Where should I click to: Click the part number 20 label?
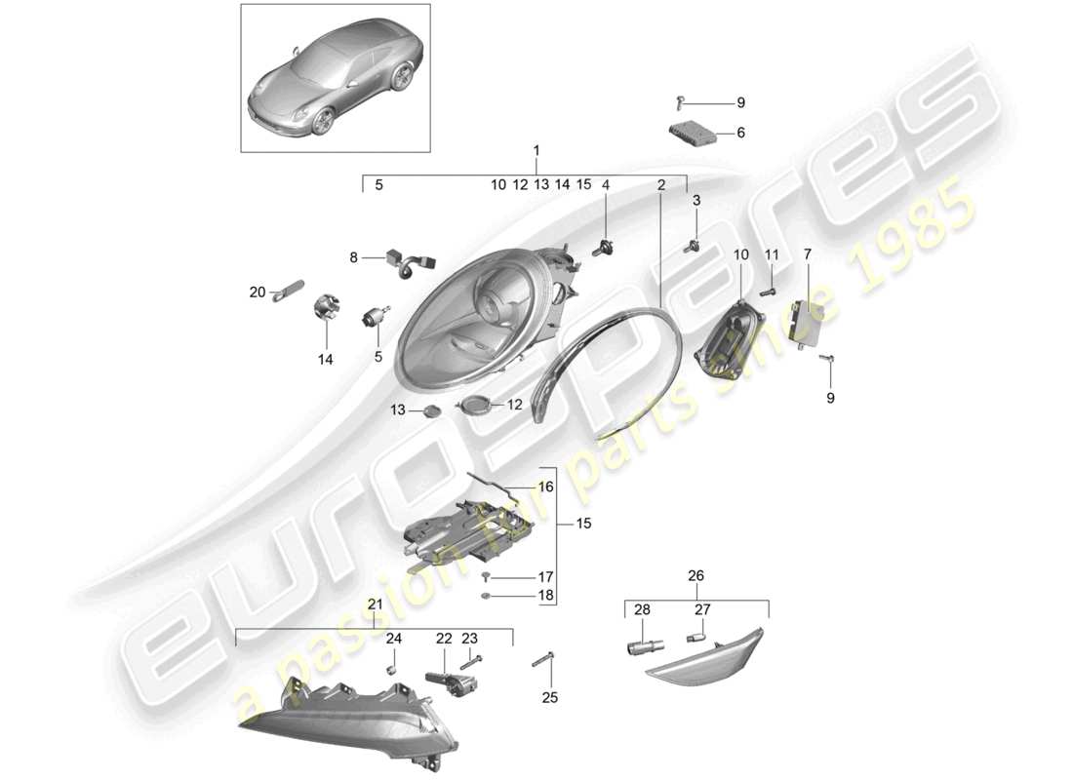[x=258, y=292]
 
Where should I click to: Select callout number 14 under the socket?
[x=325, y=360]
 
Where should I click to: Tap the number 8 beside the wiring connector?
[x=354, y=257]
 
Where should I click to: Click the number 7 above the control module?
[x=807, y=254]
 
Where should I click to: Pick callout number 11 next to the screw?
[x=771, y=254]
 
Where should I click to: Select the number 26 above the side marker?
[x=695, y=575]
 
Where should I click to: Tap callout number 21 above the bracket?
[x=374, y=606]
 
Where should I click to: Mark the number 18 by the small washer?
[x=545, y=595]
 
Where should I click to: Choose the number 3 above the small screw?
[x=696, y=201]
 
